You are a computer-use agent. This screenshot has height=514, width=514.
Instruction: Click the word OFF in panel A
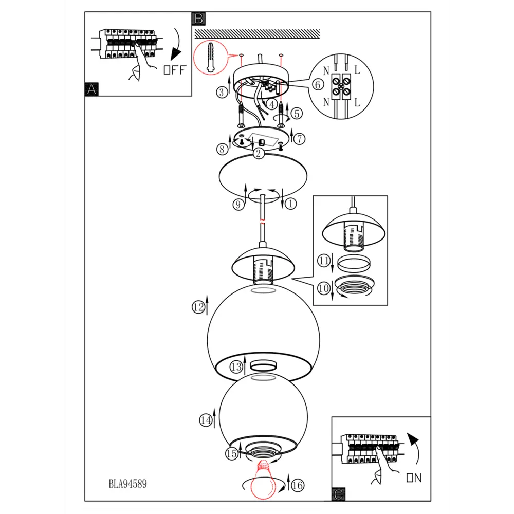point(175,70)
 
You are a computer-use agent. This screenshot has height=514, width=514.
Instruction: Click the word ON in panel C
point(414,478)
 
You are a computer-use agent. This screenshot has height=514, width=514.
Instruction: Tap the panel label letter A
point(91,89)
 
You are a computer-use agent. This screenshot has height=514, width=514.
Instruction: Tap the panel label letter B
point(198,19)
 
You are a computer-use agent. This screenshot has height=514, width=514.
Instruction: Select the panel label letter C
point(338,494)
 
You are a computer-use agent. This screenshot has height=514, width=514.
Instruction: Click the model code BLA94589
point(128,484)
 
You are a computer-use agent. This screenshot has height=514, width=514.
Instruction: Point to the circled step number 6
point(317,85)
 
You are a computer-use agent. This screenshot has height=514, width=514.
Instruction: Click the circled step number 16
point(298,485)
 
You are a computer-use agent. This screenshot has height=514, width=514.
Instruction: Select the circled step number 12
point(198,307)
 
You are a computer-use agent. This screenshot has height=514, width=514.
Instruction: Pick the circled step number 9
point(238,205)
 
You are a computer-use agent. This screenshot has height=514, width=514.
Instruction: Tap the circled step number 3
point(222,93)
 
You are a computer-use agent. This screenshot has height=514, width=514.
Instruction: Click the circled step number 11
point(324,261)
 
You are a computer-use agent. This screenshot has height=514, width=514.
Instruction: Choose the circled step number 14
point(206,420)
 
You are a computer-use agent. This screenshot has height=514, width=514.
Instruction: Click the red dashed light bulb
point(263,480)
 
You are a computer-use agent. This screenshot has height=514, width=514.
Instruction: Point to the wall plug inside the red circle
point(210,58)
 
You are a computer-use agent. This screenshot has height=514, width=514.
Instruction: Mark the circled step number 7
point(299,139)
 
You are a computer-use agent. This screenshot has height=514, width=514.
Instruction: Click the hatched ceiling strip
point(258,34)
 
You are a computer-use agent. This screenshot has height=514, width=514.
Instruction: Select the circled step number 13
point(236,367)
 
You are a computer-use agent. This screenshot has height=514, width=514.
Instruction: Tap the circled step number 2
point(259,153)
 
